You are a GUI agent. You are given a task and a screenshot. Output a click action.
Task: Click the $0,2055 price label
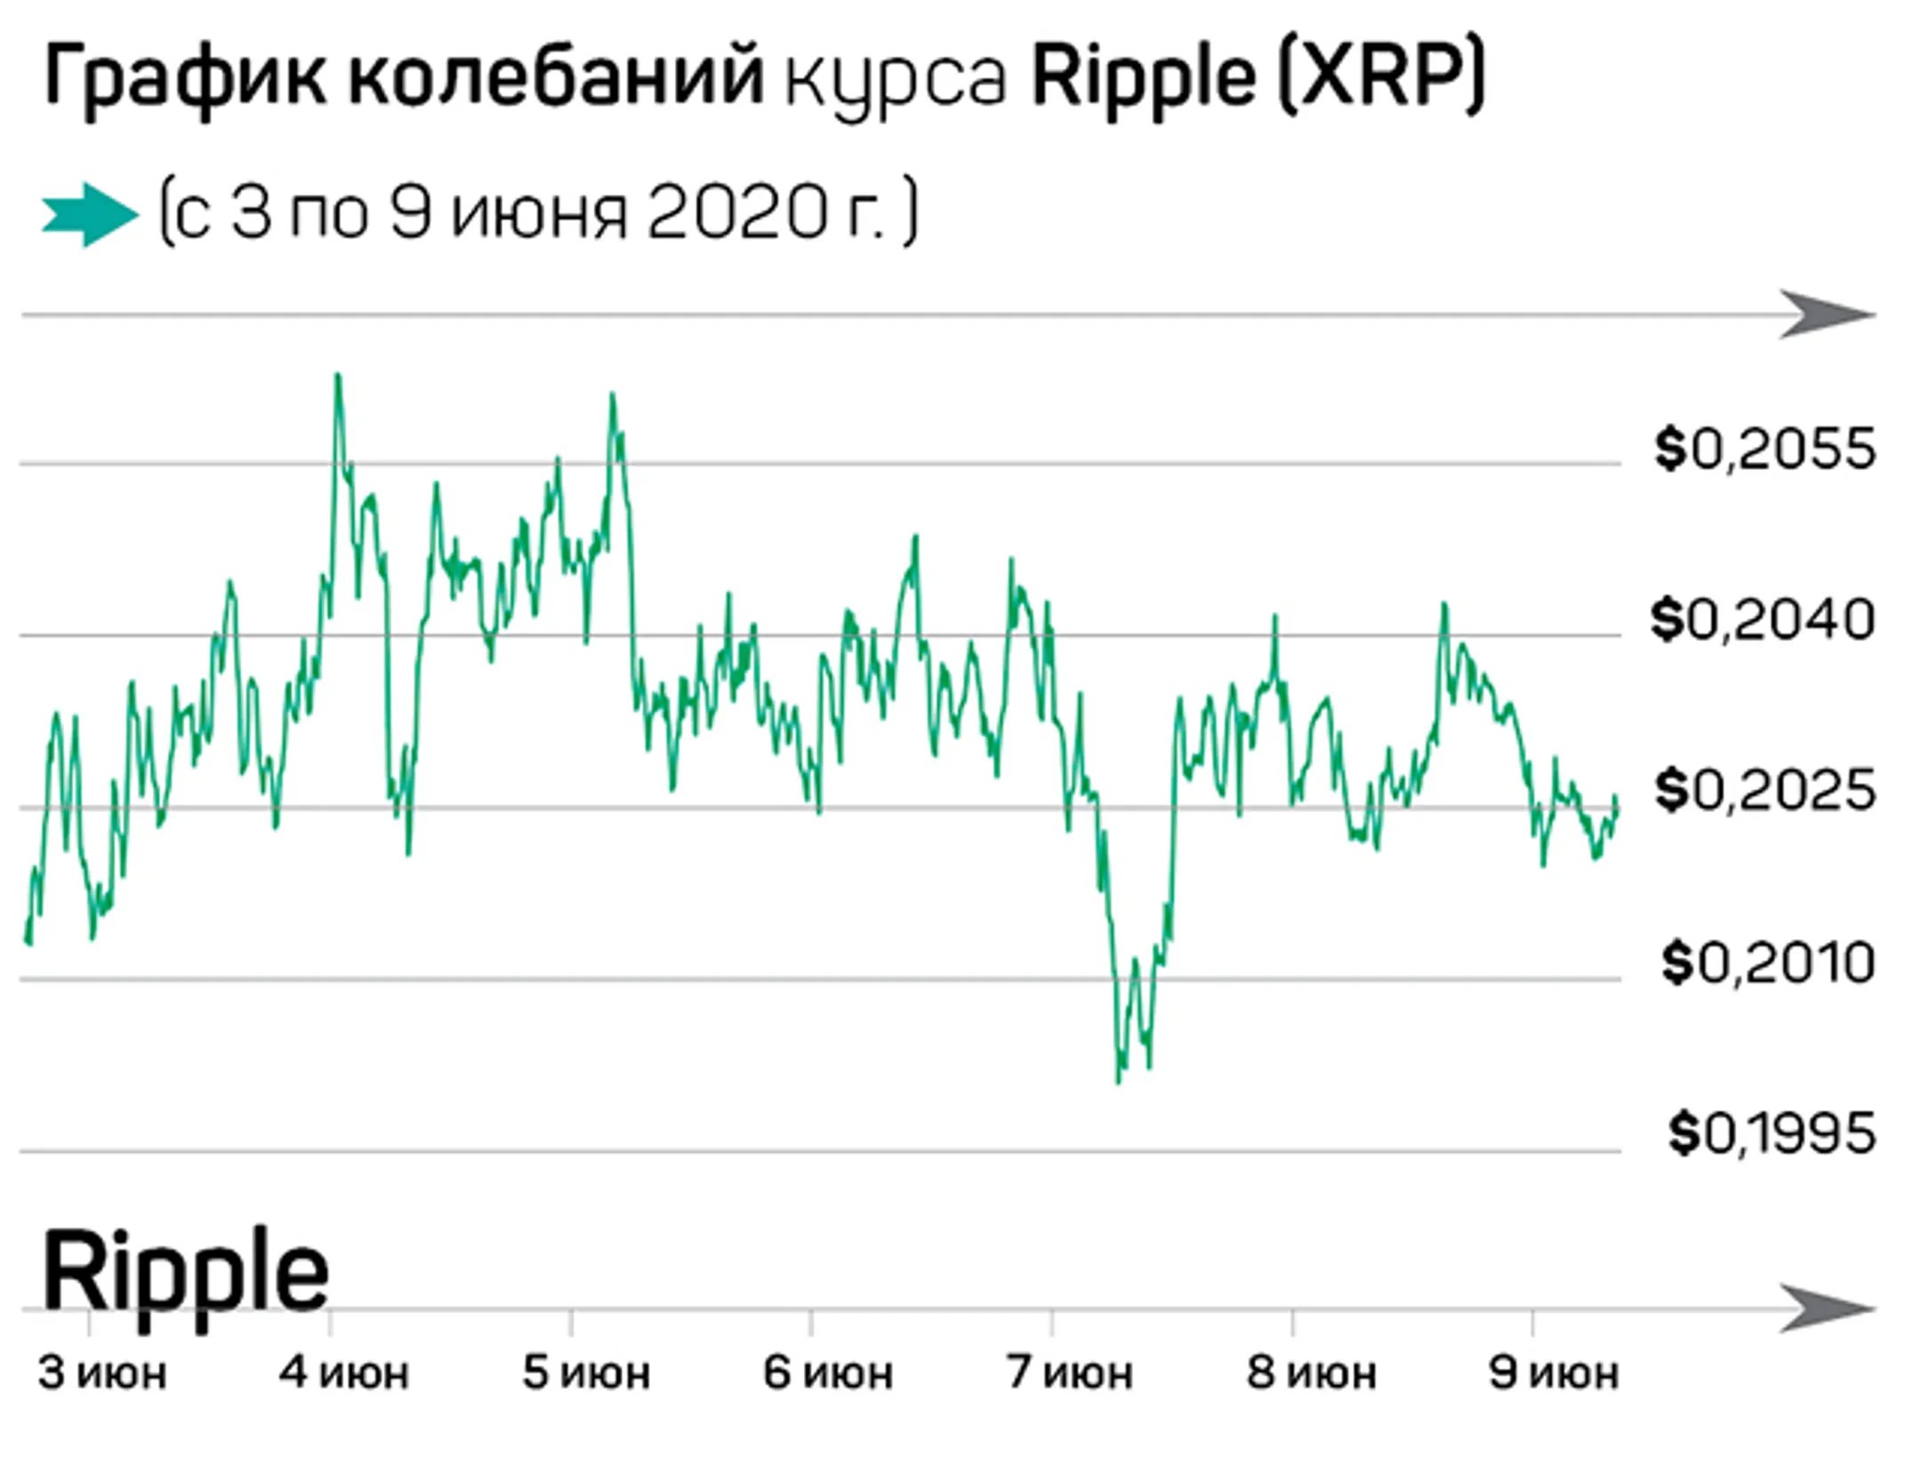pyautogui.click(x=1764, y=449)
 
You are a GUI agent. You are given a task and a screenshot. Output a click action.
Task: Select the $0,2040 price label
pyautogui.click(x=1763, y=620)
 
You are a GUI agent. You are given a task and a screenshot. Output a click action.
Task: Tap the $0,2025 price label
pyautogui.click(x=1764, y=791)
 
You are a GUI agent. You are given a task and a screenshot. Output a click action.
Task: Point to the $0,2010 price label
pyautogui.click(x=1768, y=963)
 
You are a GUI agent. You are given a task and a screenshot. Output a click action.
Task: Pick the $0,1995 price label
pyautogui.click(x=1772, y=1133)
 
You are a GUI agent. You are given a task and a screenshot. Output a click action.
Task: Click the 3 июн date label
pyautogui.click(x=102, y=1374)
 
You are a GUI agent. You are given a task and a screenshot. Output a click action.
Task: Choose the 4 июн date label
pyautogui.click(x=344, y=1374)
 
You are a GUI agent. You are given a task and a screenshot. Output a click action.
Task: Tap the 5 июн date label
pyautogui.click(x=586, y=1374)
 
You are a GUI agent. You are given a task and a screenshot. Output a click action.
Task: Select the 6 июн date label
pyautogui.click(x=828, y=1374)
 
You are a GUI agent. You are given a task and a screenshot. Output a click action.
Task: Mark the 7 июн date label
pyautogui.click(x=1070, y=1374)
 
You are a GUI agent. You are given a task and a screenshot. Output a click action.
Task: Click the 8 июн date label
pyautogui.click(x=1312, y=1374)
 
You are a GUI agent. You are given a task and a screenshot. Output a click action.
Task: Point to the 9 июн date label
pyautogui.click(x=1554, y=1374)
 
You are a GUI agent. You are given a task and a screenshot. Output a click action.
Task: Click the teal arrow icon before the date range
pyautogui.click(x=90, y=214)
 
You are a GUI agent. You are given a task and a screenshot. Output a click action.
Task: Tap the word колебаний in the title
pyautogui.click(x=555, y=78)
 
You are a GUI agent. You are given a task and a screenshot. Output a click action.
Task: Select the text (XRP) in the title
pyautogui.click(x=1381, y=78)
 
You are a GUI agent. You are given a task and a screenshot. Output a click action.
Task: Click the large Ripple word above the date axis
pyautogui.click(x=185, y=1271)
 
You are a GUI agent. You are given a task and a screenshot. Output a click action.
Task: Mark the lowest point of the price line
pyautogui.click(x=1118, y=1081)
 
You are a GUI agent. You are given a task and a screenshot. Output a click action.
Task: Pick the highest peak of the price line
pyautogui.click(x=337, y=375)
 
